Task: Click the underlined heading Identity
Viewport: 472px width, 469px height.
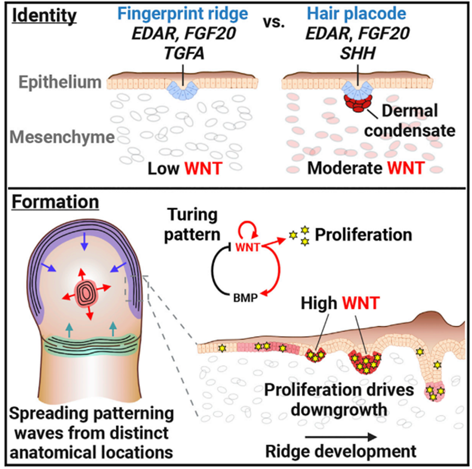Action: tap(44, 16)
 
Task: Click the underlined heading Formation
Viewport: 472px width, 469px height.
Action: tap(56, 202)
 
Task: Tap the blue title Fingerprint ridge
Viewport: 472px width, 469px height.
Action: tap(182, 14)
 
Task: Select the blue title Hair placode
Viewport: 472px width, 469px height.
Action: tap(356, 14)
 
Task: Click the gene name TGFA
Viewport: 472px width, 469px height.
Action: tap(184, 54)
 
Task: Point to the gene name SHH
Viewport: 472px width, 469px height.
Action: tap(357, 54)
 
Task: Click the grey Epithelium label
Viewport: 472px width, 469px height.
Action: tap(60, 82)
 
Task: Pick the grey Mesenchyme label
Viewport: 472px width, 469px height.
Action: tap(62, 137)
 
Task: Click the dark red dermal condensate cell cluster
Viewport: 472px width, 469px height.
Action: tap(358, 103)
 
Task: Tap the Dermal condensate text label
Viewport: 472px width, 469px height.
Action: tap(410, 121)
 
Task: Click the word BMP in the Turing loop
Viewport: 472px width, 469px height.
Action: tap(246, 298)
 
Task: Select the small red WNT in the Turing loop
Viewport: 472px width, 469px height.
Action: tap(247, 247)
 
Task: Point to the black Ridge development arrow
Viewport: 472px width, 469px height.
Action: tap(341, 437)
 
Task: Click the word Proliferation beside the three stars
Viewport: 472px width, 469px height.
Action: tap(363, 234)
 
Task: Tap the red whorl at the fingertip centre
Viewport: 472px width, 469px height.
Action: tap(86, 292)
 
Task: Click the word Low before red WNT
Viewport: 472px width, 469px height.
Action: tap(164, 168)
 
